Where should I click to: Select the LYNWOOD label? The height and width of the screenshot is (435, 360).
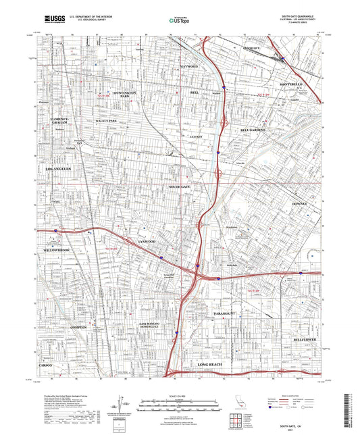147,241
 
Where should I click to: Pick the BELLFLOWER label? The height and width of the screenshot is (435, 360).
306,340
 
